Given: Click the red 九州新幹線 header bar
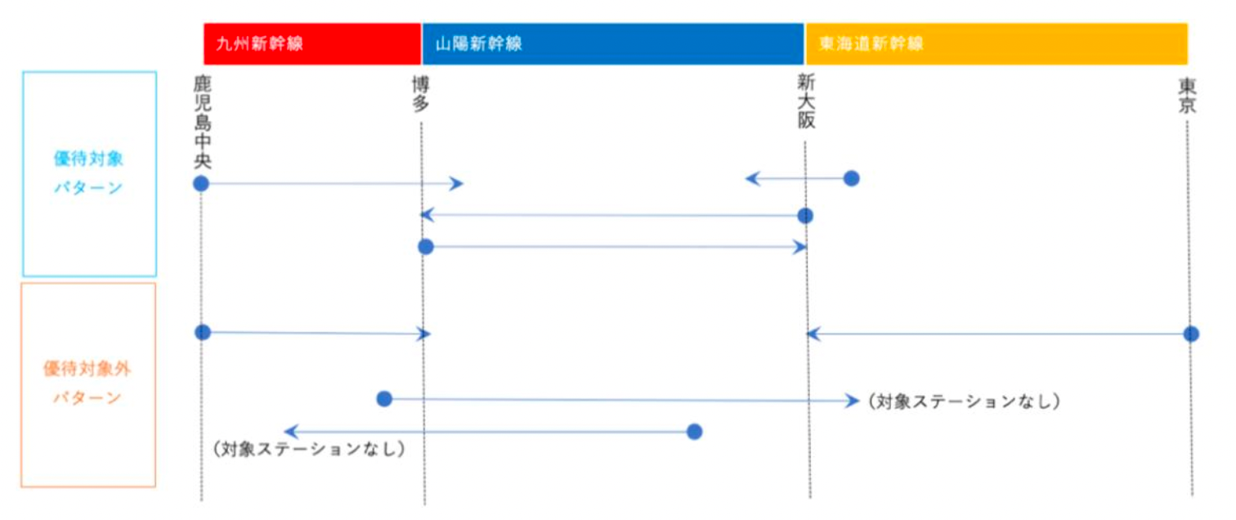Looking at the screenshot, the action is click(311, 43).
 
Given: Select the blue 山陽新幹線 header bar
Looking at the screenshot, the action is click(612, 43).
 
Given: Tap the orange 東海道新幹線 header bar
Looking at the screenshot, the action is click(996, 43).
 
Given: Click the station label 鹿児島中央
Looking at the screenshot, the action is click(202, 123).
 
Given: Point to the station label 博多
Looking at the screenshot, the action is click(422, 95).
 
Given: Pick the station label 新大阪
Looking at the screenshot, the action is click(806, 102).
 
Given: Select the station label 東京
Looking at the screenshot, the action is click(1188, 95).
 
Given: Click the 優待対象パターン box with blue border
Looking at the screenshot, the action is click(89, 173).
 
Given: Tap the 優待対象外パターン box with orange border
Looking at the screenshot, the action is click(88, 384).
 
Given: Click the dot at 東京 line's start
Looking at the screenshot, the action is click(1191, 334).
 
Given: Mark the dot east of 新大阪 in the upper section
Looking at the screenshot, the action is click(851, 178).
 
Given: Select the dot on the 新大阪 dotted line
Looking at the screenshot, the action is click(805, 216).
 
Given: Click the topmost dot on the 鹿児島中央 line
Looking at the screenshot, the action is click(201, 183).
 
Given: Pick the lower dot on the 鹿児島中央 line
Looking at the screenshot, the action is click(203, 332).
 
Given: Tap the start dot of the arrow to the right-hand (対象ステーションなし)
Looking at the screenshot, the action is click(384, 399).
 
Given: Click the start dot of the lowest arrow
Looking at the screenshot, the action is click(694, 432).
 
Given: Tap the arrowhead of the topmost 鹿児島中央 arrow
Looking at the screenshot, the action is click(459, 183).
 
